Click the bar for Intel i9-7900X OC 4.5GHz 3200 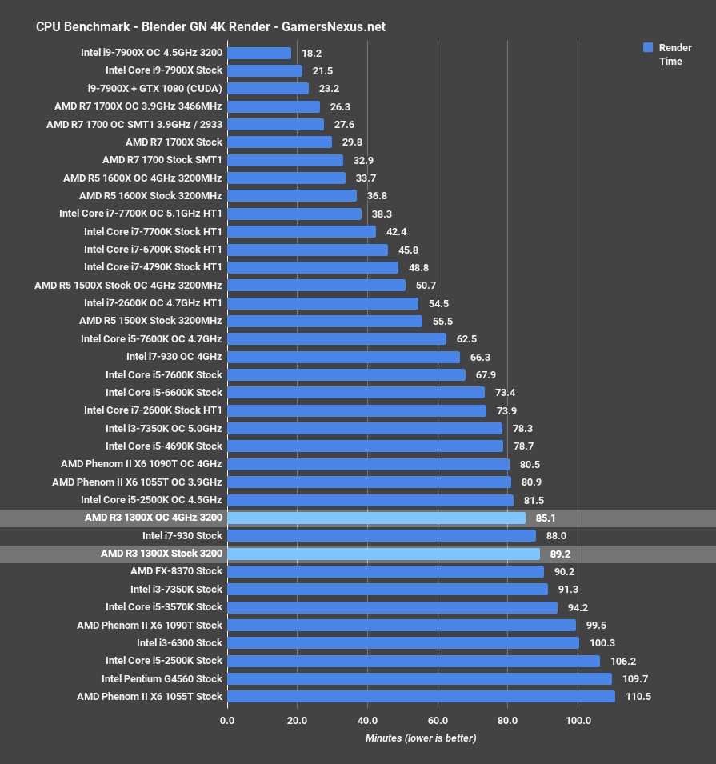point(259,53)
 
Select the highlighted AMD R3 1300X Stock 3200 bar point(383,554)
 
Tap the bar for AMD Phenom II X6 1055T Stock point(421,697)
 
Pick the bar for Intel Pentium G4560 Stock point(419,678)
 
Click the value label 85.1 point(548,518)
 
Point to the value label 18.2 point(312,53)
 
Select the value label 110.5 point(638,697)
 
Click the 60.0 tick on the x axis point(438,721)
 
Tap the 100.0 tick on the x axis point(578,721)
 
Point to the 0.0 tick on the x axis point(227,721)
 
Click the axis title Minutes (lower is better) point(421,738)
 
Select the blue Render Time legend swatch point(649,48)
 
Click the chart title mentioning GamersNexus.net point(210,26)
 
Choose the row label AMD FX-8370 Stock point(176,571)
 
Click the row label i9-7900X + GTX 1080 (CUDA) point(155,88)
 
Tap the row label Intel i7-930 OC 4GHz point(174,357)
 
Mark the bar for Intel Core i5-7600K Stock point(346,374)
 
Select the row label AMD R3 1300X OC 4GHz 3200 point(153,518)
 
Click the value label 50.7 point(426,286)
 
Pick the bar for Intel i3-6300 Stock point(402,643)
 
